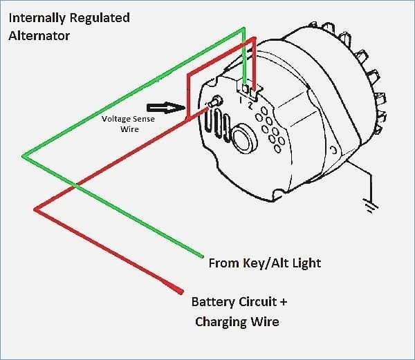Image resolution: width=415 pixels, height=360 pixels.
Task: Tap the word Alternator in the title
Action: pos(39,35)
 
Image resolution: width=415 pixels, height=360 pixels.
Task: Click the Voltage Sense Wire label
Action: pos(128,124)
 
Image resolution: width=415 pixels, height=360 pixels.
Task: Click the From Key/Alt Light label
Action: pos(264,263)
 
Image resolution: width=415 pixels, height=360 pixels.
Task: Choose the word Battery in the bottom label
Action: pos(213,303)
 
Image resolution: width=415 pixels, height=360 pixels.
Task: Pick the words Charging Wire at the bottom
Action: pos(237,322)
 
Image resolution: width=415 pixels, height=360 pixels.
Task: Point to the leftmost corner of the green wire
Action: pos(23,157)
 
